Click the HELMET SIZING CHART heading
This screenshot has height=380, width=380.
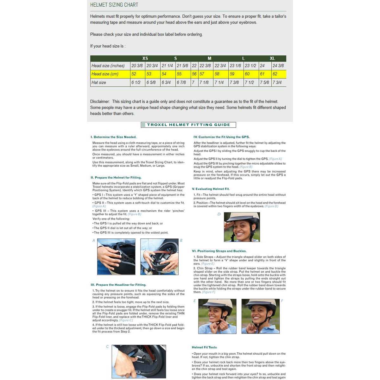click(x=114, y=5)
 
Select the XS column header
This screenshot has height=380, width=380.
click(x=145, y=58)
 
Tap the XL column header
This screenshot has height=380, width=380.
click(x=272, y=58)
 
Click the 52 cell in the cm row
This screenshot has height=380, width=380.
click(x=134, y=74)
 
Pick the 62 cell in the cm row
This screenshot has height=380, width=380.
click(x=275, y=74)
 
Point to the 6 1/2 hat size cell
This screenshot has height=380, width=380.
click(x=136, y=82)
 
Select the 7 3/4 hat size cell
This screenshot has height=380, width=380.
click(x=277, y=82)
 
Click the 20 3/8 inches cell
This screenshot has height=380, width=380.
click(x=137, y=66)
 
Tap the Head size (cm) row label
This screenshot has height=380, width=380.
click(x=105, y=74)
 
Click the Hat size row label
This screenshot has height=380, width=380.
click(x=99, y=82)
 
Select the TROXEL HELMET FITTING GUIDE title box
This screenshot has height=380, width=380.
click(x=188, y=125)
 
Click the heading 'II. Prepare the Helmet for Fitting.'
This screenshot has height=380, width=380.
click(x=116, y=178)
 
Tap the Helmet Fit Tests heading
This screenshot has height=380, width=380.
click(x=204, y=347)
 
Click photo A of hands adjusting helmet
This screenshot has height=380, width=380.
click(x=116, y=256)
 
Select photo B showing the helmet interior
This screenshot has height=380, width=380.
click(x=159, y=256)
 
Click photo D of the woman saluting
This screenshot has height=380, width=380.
click(x=242, y=227)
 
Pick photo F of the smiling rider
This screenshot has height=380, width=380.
click(x=260, y=316)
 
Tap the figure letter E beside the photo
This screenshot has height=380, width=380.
click(x=194, y=301)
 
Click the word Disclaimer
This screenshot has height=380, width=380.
click(x=100, y=102)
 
